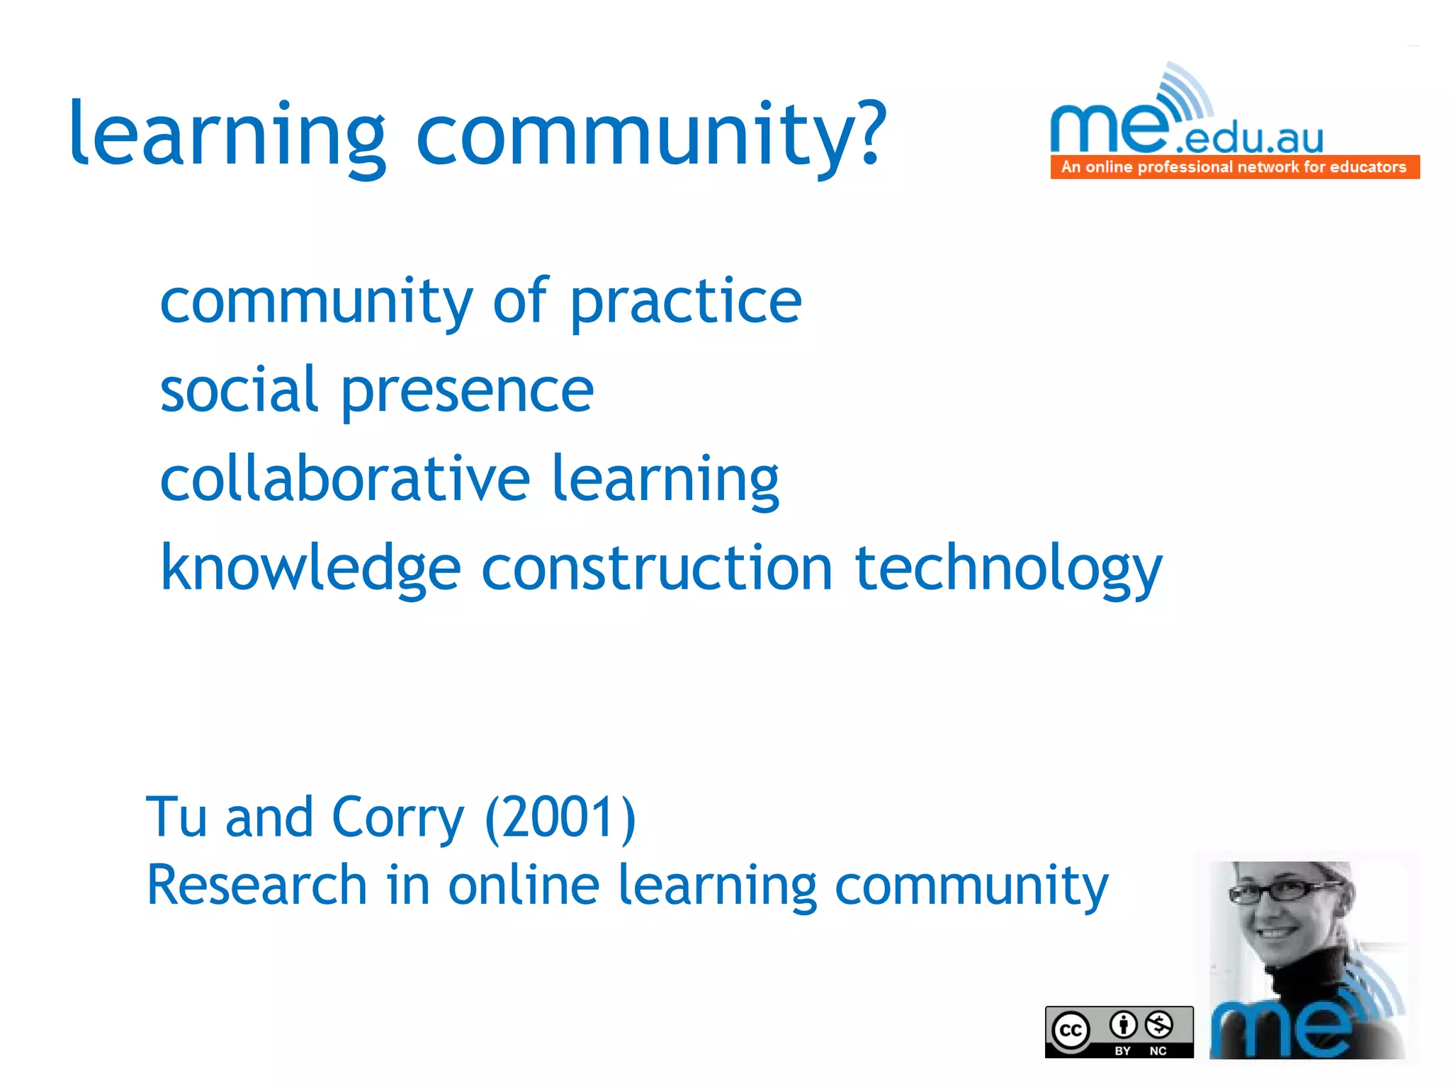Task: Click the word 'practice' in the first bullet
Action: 685,303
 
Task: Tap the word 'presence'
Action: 467,393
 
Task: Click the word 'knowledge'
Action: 311,569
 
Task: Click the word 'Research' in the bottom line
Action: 256,885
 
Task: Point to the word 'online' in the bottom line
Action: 524,885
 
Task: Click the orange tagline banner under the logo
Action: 1234,167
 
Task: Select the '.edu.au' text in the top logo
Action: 1248,138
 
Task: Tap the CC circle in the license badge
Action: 1071,1030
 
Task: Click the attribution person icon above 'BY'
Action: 1123,1024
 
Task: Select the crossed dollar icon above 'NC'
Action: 1159,1024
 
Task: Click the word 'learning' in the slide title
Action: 227,135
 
